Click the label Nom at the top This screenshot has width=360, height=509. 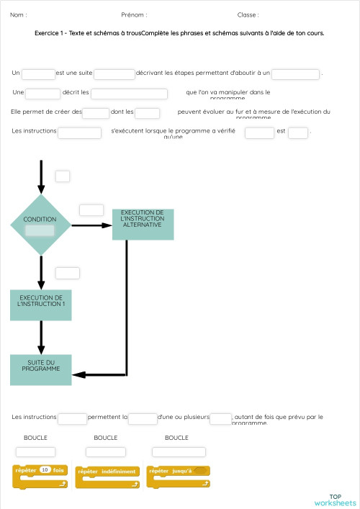(x=18, y=14)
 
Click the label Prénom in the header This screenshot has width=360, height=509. (x=134, y=14)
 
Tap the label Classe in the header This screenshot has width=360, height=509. (x=248, y=14)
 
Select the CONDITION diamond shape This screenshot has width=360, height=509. (x=40, y=225)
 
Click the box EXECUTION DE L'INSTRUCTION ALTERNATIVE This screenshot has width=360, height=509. (x=143, y=224)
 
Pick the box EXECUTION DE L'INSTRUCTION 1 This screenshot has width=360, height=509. (x=41, y=305)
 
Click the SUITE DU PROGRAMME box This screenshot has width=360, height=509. (x=41, y=369)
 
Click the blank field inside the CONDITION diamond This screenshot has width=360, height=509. (x=40, y=230)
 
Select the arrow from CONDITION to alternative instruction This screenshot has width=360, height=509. (x=91, y=225)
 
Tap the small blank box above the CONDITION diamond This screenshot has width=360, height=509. (x=63, y=176)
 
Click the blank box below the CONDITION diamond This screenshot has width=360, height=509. (x=67, y=273)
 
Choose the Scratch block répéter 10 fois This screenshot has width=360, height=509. (x=40, y=477)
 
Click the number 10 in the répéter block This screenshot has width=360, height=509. (x=45, y=470)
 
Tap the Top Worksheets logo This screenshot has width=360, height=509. (x=335, y=500)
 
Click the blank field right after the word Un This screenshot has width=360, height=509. (x=38, y=73)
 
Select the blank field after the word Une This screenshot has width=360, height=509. (x=43, y=93)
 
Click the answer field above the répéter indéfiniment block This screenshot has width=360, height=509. (x=106, y=451)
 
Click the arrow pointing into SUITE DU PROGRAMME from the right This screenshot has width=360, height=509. (x=101, y=375)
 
